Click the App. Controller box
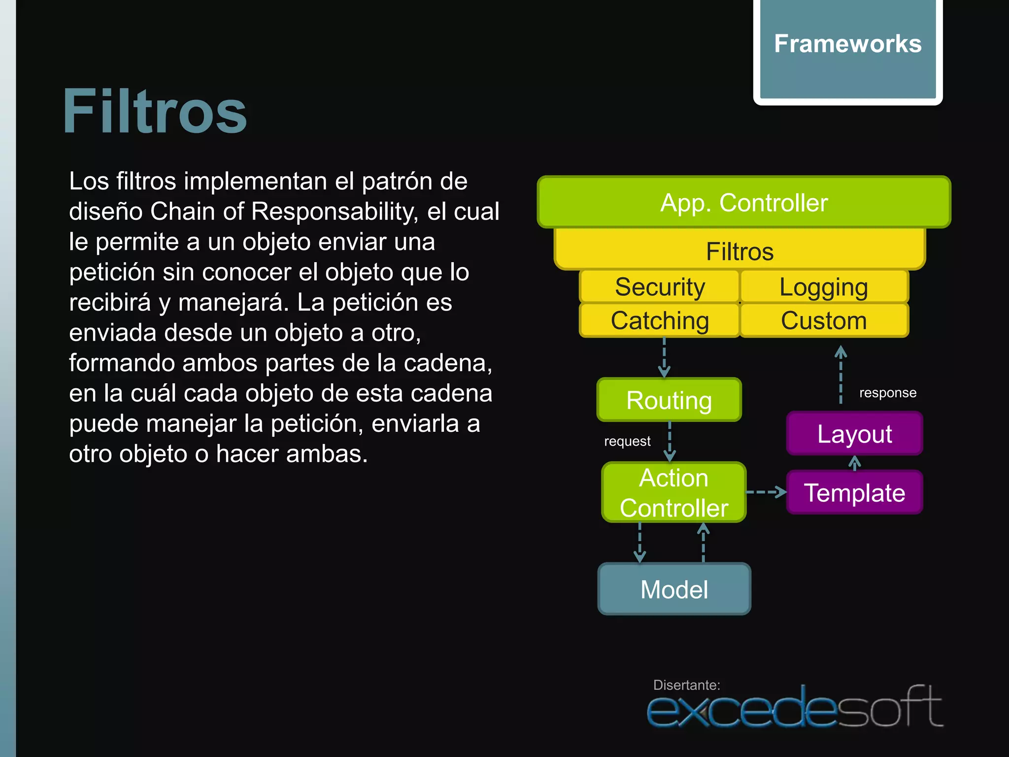pyautogui.click(x=743, y=203)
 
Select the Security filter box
pyautogui.click(x=660, y=287)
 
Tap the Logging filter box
pyautogui.click(x=824, y=287)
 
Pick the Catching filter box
pyautogui.click(x=660, y=320)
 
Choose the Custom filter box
pyautogui.click(x=824, y=320)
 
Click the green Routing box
pyautogui.click(x=669, y=400)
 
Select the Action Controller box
pyautogui.click(x=673, y=492)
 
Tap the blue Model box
pyautogui.click(x=674, y=589)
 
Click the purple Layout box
pyautogui.click(x=854, y=434)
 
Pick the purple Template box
pyautogui.click(x=854, y=492)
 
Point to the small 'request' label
pyautogui.click(x=627, y=441)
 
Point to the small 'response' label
pyautogui.click(x=888, y=393)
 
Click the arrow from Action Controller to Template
pyautogui.click(x=766, y=492)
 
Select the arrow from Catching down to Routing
pyautogui.click(x=664, y=357)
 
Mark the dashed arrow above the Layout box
pyautogui.click(x=841, y=375)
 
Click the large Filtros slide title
pyautogui.click(x=155, y=111)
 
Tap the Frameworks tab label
pyautogui.click(x=847, y=44)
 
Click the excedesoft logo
pyautogui.click(x=794, y=707)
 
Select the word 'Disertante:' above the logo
pyautogui.click(x=686, y=685)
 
